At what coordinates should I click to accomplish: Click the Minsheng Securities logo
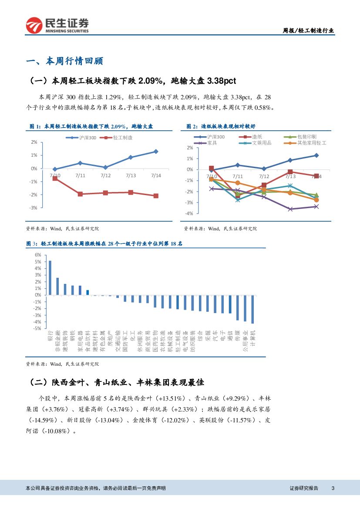click(x=57, y=25)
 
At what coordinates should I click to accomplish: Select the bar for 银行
click(x=50, y=277)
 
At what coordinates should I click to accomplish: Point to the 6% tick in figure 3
click(x=38, y=255)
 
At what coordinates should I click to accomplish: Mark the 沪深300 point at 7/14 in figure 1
click(x=156, y=152)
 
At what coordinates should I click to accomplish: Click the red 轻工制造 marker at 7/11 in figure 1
click(x=80, y=194)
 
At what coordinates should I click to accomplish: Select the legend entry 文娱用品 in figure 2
click(x=258, y=143)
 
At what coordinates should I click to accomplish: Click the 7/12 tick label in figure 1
click(x=105, y=175)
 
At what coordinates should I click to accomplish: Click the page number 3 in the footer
click(x=333, y=488)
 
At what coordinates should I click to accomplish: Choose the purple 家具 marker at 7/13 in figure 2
click(x=290, y=209)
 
